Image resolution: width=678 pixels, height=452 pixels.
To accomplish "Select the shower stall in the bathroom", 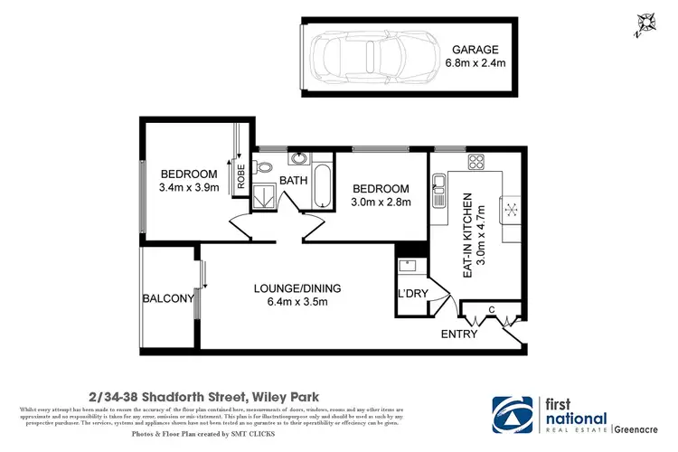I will pyautogui.click(x=265, y=197).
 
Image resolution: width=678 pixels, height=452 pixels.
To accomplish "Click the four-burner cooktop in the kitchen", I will pyautogui.click(x=476, y=164).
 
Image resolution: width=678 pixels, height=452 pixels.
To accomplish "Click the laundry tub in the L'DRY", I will pyautogui.click(x=407, y=268).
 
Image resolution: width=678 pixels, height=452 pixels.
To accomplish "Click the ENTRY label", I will pyautogui.click(x=458, y=334).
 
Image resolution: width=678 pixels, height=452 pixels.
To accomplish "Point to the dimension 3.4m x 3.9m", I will pyautogui.click(x=189, y=188).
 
